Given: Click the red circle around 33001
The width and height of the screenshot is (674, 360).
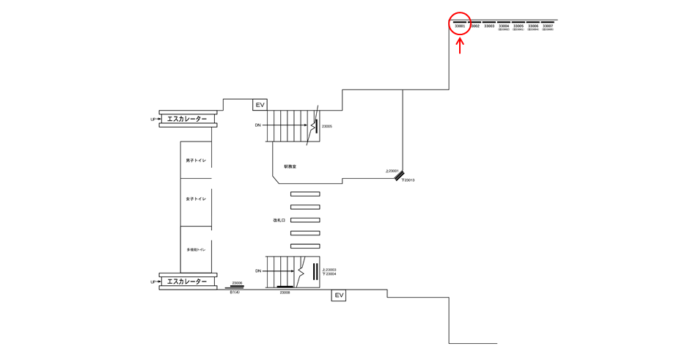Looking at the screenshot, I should pos(459,23).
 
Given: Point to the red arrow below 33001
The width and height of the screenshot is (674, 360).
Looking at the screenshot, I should pos(460,46).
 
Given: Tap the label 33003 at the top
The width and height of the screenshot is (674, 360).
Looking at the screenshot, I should pos(489,26).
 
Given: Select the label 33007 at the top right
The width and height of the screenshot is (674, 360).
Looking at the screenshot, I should pos(548,26).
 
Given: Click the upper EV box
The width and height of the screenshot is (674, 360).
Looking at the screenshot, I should pos(260,105).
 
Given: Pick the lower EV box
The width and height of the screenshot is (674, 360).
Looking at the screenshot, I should pos(338,295).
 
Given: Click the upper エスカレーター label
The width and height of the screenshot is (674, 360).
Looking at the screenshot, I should pos(187,119).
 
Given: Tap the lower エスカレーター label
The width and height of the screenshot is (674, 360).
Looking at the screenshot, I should pos(187,282).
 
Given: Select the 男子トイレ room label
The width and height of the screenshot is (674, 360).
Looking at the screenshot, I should pos(196,160).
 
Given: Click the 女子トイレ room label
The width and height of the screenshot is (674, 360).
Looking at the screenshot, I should pos(196,199).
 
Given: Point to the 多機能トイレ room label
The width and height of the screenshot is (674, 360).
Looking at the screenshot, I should pos(196,249).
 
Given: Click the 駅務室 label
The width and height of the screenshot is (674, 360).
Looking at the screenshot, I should pos(290,167).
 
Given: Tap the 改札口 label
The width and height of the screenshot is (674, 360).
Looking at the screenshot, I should pos(279,220).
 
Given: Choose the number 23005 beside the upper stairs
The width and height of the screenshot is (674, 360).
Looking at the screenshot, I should pos(327,126).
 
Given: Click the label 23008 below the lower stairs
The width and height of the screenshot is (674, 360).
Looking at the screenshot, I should pos(285,293).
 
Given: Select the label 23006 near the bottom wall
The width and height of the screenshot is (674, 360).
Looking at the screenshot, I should pos(237,283).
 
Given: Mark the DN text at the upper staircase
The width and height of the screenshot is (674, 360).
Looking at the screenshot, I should pos(258,125).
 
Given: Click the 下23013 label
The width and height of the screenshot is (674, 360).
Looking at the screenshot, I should pos(408,180).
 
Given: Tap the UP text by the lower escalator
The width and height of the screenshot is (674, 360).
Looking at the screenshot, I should pos(153,282).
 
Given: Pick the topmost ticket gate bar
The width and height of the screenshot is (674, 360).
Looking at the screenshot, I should pos(305,194).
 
